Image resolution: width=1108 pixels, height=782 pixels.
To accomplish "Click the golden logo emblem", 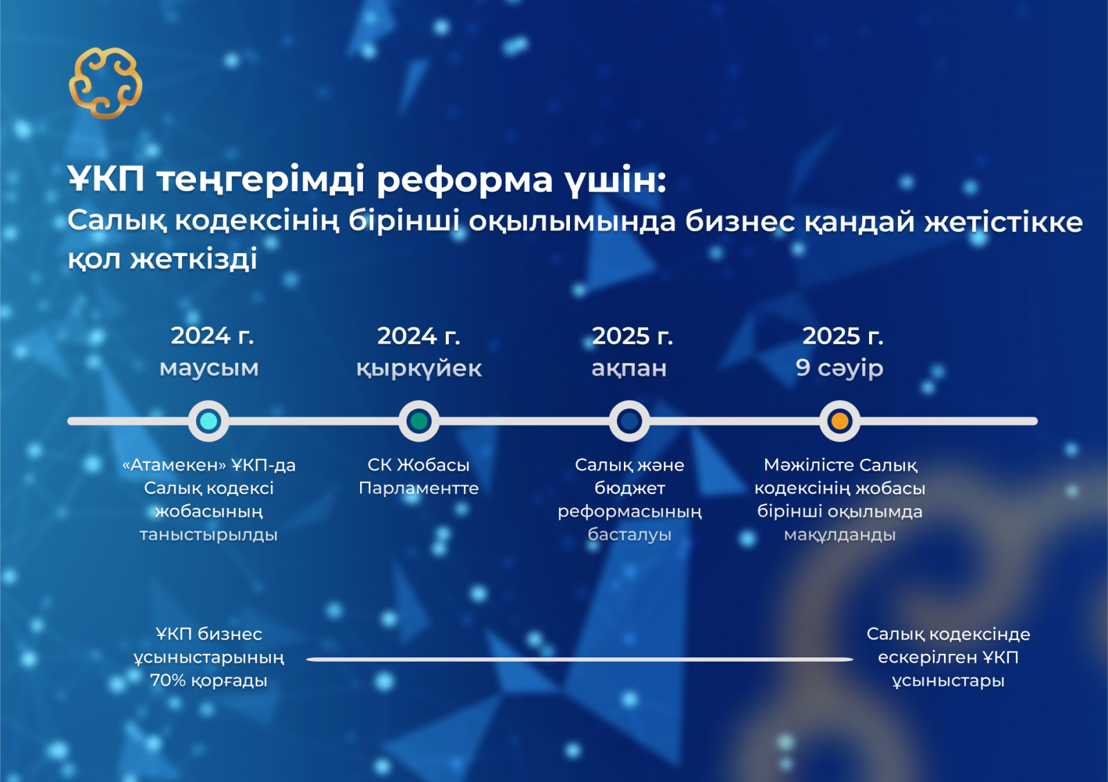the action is tap(105, 82).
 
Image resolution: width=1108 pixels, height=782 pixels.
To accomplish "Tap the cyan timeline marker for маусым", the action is tap(208, 421).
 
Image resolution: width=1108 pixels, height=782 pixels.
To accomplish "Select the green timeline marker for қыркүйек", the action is tap(419, 421).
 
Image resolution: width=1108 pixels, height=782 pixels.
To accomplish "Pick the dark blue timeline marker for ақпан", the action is tap(629, 421).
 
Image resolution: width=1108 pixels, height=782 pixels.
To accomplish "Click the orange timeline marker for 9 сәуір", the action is tap(840, 421).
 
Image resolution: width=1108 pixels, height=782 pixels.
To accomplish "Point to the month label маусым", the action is tap(208, 368).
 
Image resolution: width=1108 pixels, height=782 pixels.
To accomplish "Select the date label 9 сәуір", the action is tap(839, 368).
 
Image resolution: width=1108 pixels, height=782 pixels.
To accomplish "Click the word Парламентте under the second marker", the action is tap(418, 489).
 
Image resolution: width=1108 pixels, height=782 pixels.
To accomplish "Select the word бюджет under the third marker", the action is tap(629, 489).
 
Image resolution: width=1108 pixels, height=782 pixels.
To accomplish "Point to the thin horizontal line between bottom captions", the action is tap(580, 659).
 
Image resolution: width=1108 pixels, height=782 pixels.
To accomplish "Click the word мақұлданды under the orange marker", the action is tap(840, 536).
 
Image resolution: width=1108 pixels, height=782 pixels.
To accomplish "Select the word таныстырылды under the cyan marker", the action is tap(208, 536).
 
